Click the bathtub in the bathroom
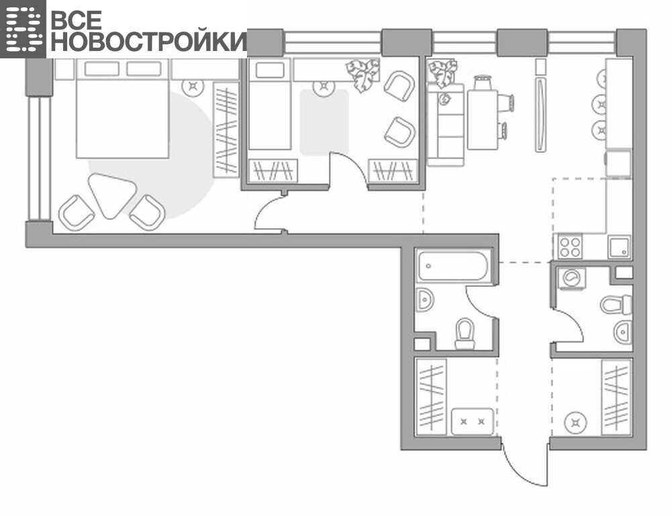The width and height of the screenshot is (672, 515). pos(453,266)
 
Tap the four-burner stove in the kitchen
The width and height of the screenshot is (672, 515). pos(570,247)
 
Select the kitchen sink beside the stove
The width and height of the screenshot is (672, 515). pos(619,247)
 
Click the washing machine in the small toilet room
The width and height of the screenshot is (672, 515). pos(572,278)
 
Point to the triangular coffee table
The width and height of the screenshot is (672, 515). pos(112,194)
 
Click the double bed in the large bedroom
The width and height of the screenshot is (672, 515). pos(122,109)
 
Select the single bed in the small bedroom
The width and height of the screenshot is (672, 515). pos(270,104)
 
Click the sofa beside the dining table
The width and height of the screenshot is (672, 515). pos(446,124)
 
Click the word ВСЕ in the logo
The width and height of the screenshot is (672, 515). pos(77,20)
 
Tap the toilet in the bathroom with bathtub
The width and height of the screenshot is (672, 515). pos(465,333)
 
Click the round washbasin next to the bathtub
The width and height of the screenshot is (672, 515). pos(425,299)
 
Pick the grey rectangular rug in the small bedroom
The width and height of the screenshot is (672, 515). pos(324,123)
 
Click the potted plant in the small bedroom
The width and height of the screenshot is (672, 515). pos(363,75)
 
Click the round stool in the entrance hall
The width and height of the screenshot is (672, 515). pos(575,423)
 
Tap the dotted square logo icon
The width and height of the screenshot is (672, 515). pos(23,29)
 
